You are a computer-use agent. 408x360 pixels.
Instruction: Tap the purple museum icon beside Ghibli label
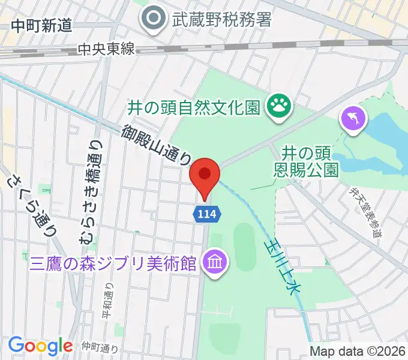(213, 262)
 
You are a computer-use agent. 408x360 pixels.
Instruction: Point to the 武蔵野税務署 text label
(222, 20)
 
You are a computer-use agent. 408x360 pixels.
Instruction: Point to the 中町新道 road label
(41, 25)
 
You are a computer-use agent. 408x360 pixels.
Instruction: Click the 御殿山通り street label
(157, 145)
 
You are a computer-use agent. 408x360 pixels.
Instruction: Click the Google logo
(40, 346)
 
